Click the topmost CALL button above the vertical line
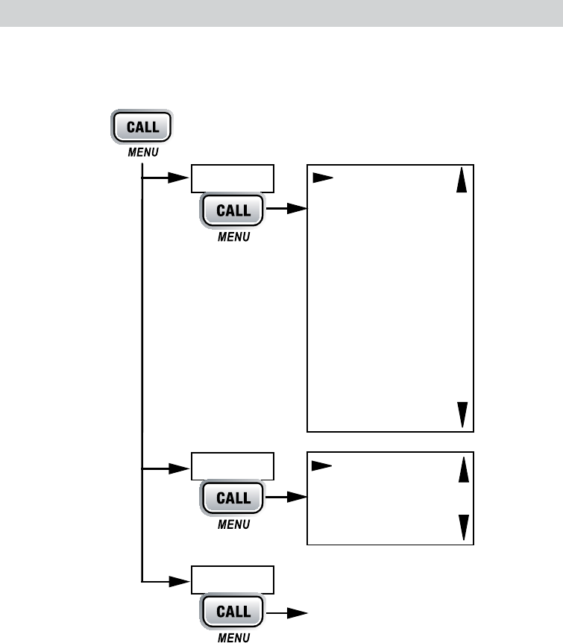click(x=142, y=127)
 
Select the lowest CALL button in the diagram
click(x=233, y=612)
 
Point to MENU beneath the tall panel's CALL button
click(x=233, y=237)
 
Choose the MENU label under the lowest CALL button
click(x=233, y=638)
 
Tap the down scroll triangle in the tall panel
click(x=463, y=413)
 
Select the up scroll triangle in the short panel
click(x=463, y=469)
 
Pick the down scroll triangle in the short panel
click(x=463, y=527)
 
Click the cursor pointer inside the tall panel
click(x=322, y=179)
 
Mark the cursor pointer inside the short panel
click(x=322, y=465)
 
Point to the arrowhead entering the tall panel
click(x=298, y=210)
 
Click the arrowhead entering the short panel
click(x=298, y=497)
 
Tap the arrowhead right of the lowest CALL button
click(x=298, y=612)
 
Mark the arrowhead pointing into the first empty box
click(x=179, y=179)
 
